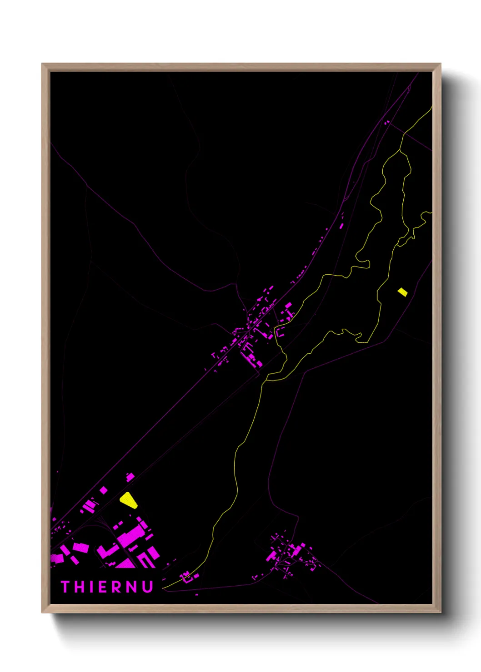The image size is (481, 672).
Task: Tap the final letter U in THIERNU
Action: [x=147, y=587]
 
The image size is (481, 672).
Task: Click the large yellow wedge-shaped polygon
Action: [x=128, y=499]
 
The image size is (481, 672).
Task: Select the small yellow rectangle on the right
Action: [x=402, y=292]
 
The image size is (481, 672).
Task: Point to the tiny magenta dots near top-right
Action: [x=387, y=122]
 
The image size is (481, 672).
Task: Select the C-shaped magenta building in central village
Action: [x=280, y=332]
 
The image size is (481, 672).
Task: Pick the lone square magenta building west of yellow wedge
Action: [x=104, y=490]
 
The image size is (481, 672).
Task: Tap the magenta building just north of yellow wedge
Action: [x=130, y=477]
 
